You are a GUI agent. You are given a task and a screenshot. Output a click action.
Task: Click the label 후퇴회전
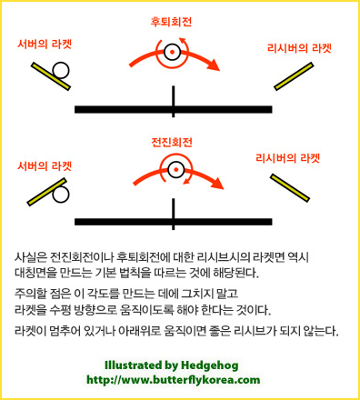171,22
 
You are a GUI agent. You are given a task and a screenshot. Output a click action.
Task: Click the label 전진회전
172,142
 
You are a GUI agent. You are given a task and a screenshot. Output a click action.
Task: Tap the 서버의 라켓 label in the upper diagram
45,45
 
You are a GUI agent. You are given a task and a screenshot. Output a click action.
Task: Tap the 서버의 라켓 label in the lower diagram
45,165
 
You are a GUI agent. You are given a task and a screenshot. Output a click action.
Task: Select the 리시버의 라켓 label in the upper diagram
299,48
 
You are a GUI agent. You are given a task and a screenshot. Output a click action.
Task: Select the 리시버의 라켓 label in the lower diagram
288,158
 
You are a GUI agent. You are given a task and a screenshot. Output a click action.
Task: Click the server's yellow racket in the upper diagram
51,76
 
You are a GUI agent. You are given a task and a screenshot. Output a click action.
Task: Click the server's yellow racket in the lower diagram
47,192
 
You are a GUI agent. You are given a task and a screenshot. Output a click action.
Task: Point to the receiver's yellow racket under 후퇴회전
294,76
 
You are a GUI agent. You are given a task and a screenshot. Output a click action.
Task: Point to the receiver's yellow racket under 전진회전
290,188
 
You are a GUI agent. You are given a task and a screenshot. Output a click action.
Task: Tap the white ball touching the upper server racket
61,71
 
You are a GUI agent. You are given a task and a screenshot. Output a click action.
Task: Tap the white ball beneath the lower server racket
61,195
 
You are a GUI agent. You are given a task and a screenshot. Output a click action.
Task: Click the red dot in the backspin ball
172,52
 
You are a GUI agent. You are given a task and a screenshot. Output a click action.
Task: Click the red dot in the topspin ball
176,170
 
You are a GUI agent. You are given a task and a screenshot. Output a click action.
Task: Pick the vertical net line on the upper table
173,102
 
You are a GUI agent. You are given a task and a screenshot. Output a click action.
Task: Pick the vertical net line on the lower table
173,214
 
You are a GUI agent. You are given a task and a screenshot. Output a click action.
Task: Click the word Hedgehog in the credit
210,365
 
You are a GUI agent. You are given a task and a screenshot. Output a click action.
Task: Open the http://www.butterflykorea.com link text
174,380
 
